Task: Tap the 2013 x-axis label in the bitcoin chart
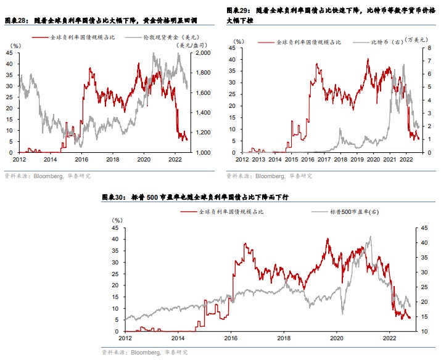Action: [x=258, y=158]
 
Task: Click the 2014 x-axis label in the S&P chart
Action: [x=178, y=338]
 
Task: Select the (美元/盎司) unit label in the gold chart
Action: [x=191, y=46]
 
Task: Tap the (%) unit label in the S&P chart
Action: [x=117, y=220]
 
